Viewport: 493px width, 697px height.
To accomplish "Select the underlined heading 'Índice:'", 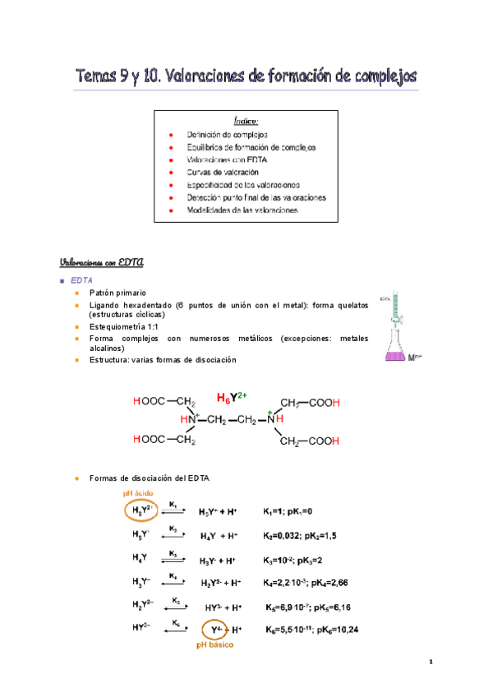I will pos(246,121).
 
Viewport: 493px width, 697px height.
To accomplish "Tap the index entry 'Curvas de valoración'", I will pos(223,172).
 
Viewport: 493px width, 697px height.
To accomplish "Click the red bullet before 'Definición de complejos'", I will pos(170,134).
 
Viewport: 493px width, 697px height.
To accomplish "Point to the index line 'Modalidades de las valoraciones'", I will pos(242,210).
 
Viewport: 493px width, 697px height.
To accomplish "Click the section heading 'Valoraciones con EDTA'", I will pos(102,262).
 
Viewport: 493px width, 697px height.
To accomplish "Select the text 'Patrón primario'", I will pos(117,292).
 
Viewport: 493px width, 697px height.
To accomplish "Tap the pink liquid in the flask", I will pos(398,354).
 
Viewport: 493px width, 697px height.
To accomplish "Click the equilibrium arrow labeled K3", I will pos(173,558).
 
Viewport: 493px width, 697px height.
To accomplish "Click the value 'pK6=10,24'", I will pos(334,630).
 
